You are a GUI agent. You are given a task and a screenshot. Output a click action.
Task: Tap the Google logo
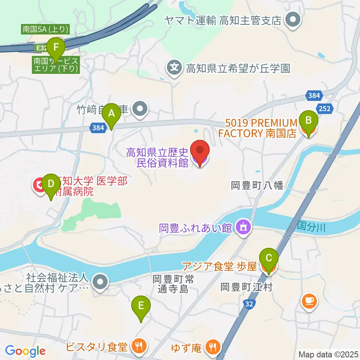point(25,351)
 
